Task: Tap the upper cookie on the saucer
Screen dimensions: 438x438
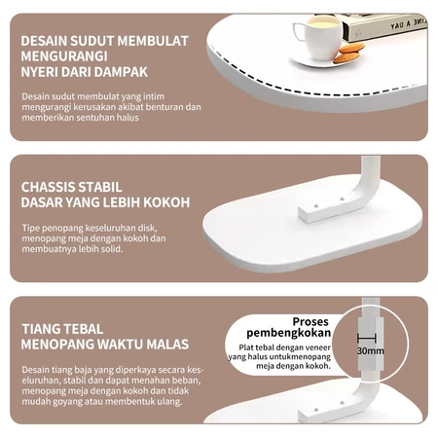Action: pyautogui.click(x=352, y=49)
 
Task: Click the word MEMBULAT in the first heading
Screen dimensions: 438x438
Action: pyautogui.click(x=153, y=41)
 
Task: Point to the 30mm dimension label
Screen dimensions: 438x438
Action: pyautogui.click(x=371, y=351)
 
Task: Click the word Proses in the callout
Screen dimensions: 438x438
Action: pyautogui.click(x=310, y=321)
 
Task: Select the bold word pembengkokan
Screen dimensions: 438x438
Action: pyautogui.click(x=289, y=333)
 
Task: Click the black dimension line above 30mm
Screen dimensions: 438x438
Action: pyautogui.click(x=367, y=338)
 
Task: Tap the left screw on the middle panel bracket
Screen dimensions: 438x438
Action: pyautogui.click(x=316, y=205)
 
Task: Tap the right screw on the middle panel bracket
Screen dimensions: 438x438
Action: pyautogui.click(x=342, y=199)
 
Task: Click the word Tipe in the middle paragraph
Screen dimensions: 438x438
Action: pyautogui.click(x=30, y=229)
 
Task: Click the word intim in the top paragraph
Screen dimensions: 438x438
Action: pyautogui.click(x=154, y=96)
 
